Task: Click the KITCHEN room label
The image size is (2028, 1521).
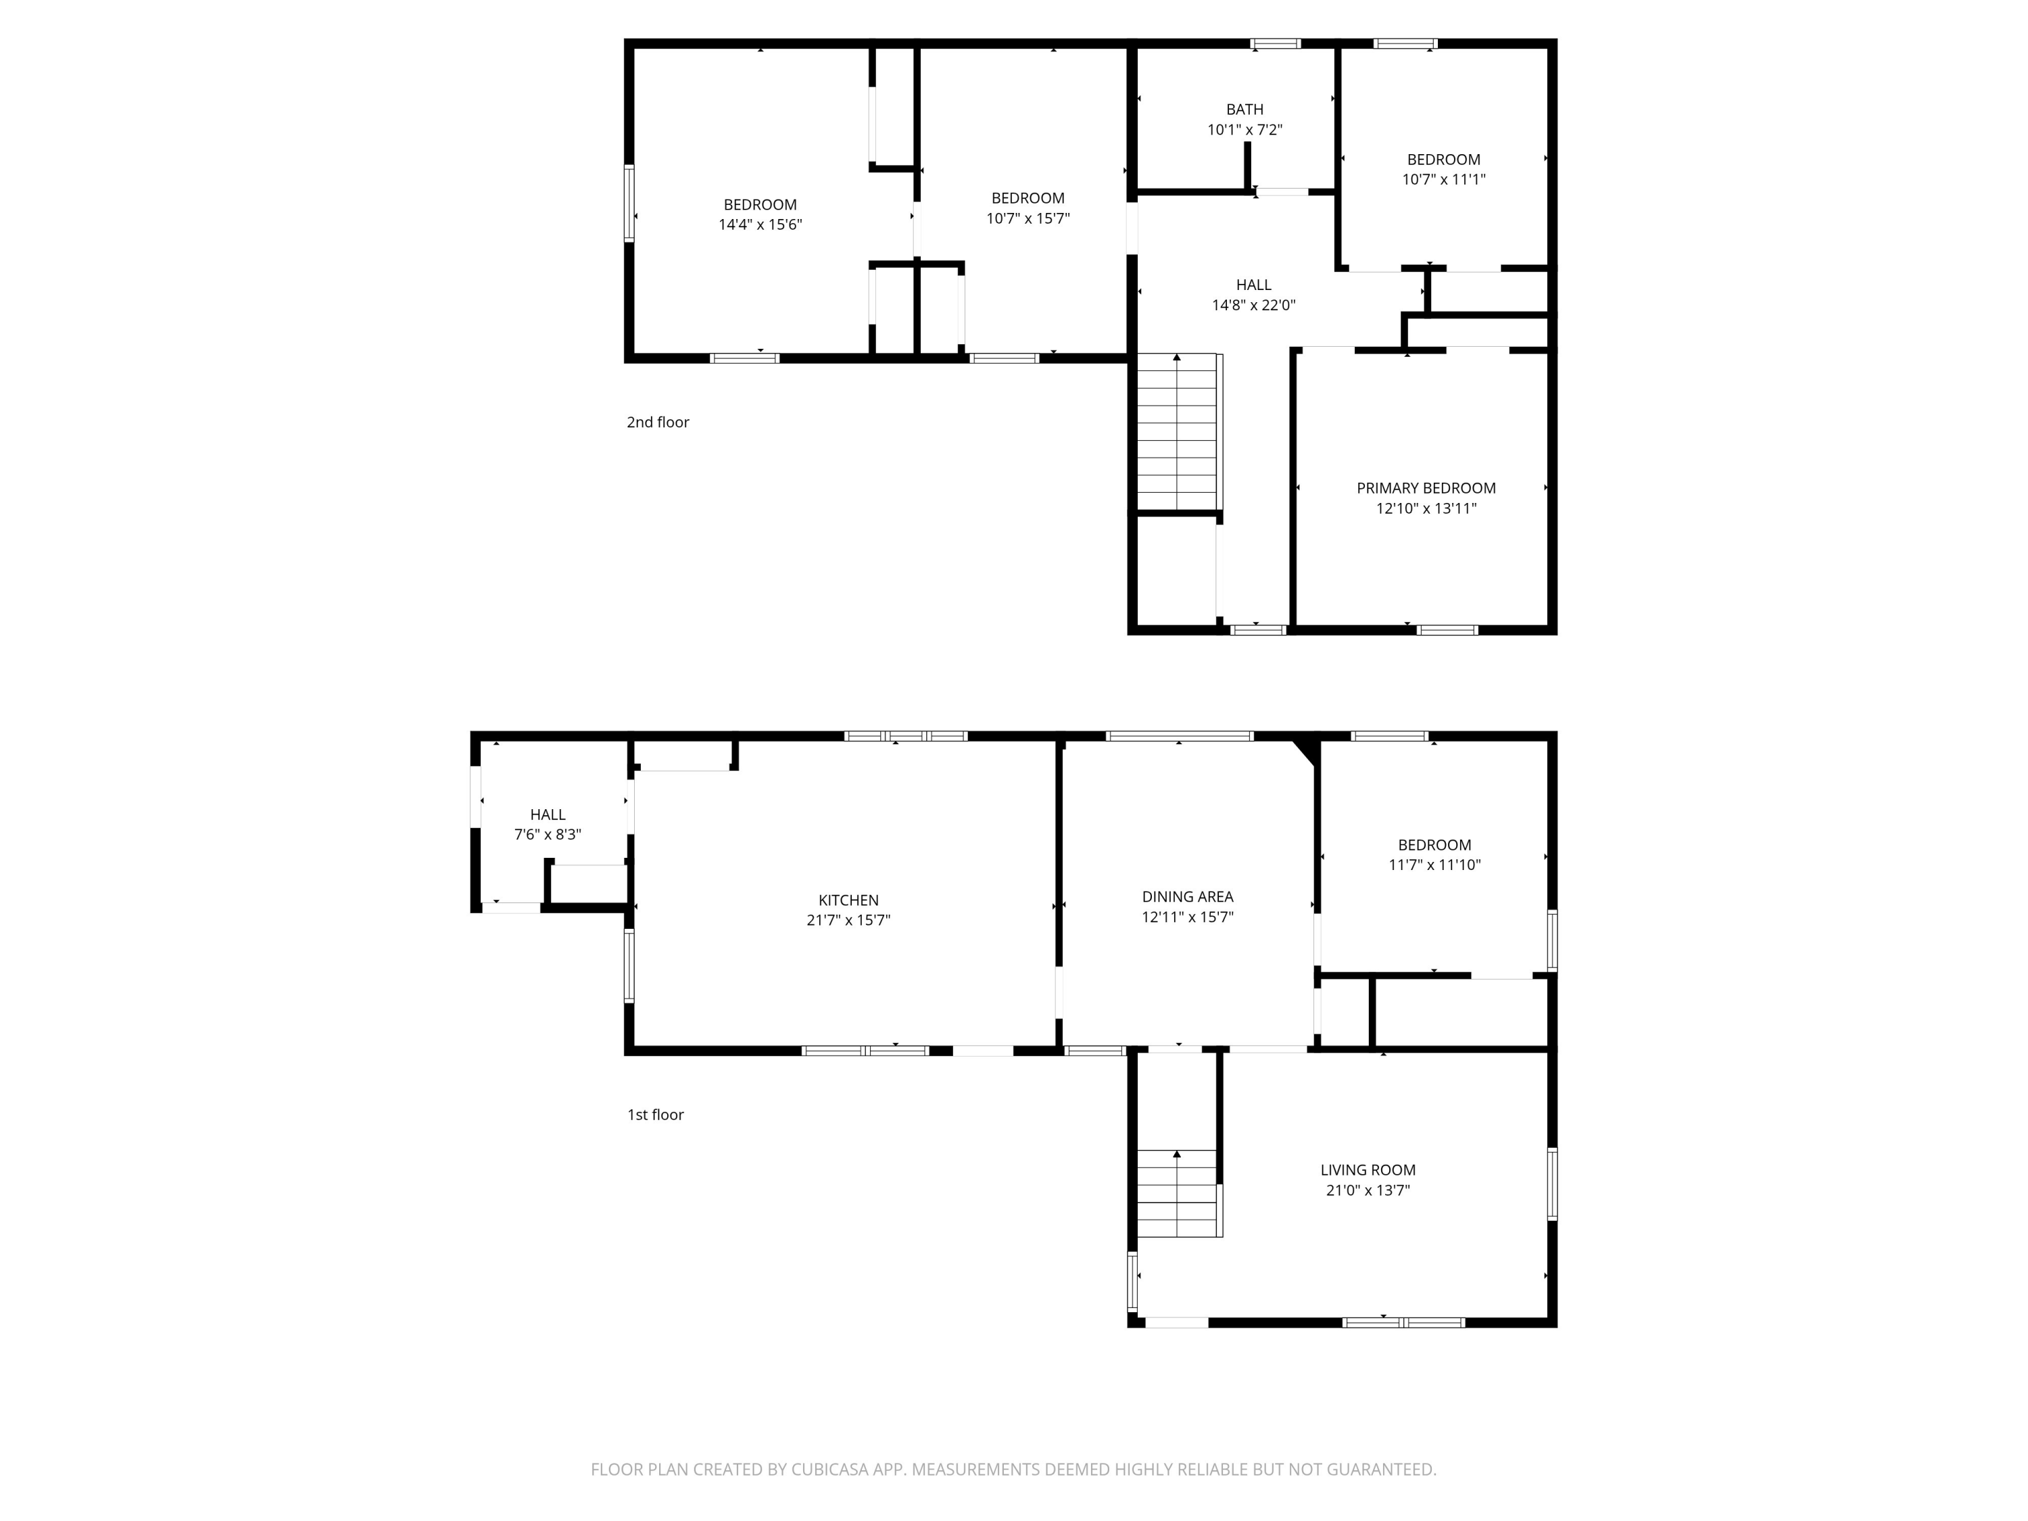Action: click(848, 900)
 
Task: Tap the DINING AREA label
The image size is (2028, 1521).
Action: click(1187, 896)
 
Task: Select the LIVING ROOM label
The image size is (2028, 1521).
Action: click(1368, 1170)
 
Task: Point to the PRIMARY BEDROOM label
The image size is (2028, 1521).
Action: click(1426, 489)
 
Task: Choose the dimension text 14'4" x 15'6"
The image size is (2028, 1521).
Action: click(760, 224)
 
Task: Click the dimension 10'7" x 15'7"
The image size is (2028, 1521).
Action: click(1028, 218)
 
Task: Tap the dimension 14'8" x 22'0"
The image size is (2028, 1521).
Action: click(1253, 306)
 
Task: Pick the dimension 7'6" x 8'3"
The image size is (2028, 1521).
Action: click(548, 834)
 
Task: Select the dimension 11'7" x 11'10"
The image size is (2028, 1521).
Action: click(1435, 865)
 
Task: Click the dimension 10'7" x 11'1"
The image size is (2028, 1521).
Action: click(1444, 180)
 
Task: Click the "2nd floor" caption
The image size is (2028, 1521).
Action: click(657, 422)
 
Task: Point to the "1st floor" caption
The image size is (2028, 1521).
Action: click(656, 1115)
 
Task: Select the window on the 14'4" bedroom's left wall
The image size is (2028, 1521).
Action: click(629, 203)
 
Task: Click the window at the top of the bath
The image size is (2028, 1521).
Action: click(1276, 43)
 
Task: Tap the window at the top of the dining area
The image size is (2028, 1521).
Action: click(1179, 736)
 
